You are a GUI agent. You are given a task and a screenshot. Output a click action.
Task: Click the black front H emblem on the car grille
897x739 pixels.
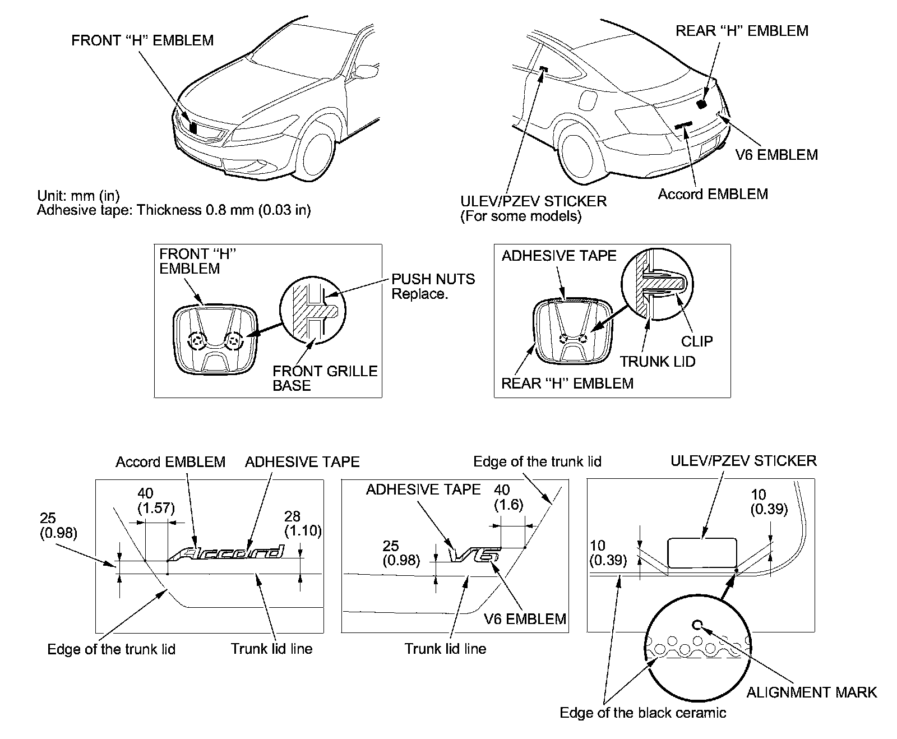[193, 128]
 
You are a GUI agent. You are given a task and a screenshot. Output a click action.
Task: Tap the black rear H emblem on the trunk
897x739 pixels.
[701, 104]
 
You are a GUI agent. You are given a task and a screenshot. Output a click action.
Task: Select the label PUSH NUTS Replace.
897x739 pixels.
[433, 287]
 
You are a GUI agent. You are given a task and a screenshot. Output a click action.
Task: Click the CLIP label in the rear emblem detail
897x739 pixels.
[697, 341]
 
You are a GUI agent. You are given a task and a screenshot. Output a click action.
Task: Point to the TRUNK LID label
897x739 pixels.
[658, 362]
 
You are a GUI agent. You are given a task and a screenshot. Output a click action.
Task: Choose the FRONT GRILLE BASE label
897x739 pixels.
[325, 378]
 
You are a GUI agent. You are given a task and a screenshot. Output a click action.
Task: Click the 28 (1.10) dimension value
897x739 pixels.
[303, 523]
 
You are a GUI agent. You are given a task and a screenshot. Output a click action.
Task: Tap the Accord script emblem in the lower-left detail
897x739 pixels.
[227, 553]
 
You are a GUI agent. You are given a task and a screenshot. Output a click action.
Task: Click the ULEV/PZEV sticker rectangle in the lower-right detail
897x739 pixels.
[702, 553]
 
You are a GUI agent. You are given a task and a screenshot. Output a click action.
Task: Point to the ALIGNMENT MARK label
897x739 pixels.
[811, 692]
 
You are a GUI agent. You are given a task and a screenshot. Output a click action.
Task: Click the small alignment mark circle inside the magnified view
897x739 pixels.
[697, 625]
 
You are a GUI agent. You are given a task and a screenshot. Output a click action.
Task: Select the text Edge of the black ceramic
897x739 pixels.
[642, 713]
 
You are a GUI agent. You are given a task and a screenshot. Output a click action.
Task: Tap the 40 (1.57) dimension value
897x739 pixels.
[156, 501]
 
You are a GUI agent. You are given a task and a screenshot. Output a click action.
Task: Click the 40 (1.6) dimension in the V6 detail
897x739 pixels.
[508, 497]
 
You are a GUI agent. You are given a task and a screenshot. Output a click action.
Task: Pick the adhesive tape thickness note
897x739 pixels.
[174, 210]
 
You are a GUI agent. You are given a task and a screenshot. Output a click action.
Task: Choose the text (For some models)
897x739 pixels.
[520, 216]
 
